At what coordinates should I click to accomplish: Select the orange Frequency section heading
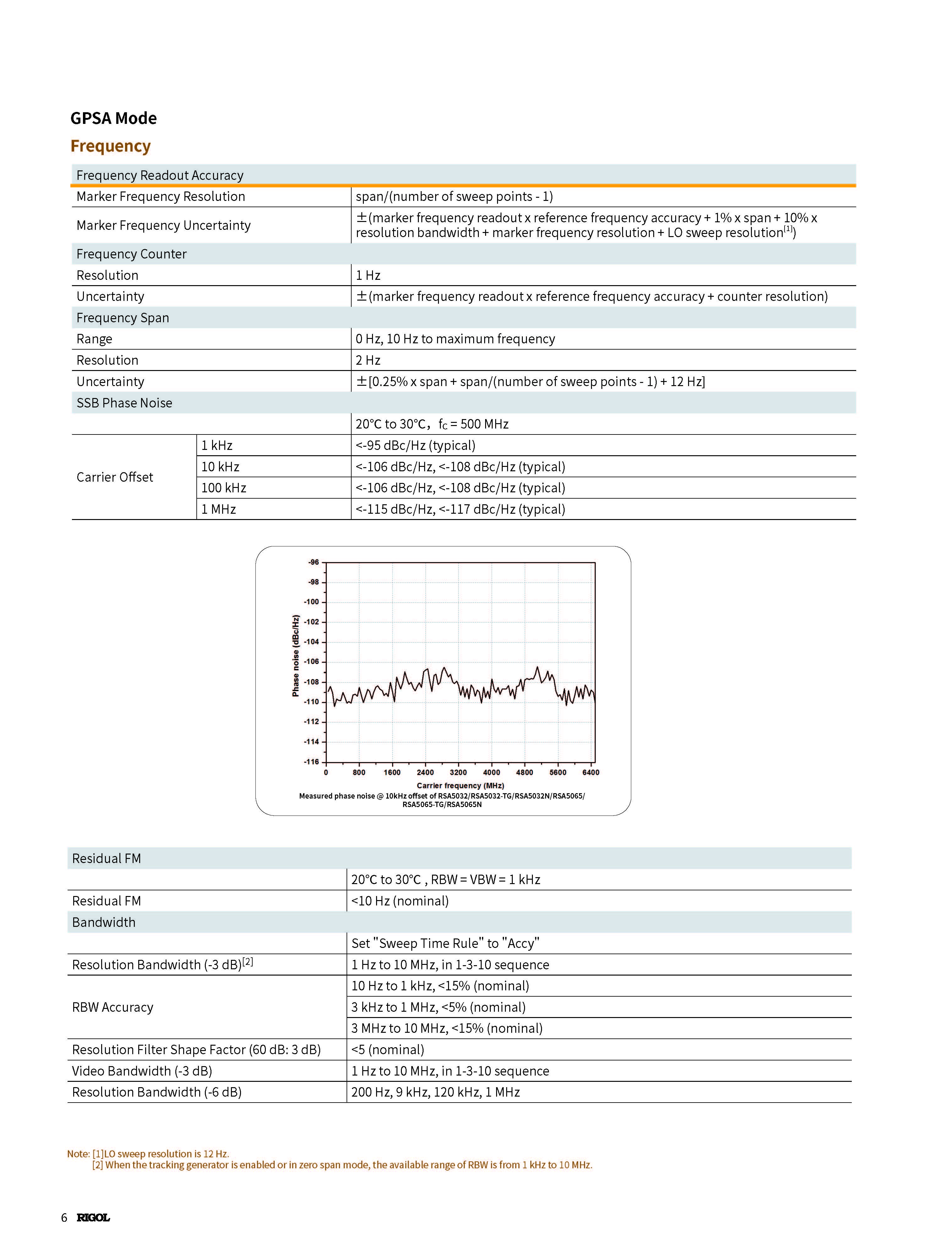[x=110, y=146]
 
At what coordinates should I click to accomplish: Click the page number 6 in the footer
[x=64, y=1217]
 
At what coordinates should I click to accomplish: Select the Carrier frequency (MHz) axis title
[x=460, y=785]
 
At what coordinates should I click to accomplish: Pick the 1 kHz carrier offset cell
[x=217, y=445]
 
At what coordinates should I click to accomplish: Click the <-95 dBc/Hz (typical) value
[x=415, y=445]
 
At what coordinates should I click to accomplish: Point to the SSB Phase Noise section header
[x=124, y=403]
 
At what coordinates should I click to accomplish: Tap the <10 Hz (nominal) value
[x=400, y=901]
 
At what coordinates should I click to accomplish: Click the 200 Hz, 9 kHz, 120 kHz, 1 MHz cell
[x=435, y=1092]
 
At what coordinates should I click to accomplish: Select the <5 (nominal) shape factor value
[x=387, y=1049]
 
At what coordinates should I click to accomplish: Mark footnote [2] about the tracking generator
[x=342, y=1165]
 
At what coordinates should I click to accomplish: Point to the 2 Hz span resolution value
[x=368, y=360]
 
